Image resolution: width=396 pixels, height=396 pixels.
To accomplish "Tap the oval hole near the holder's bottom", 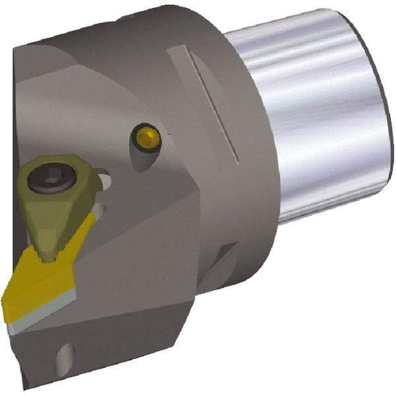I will pyautogui.click(x=62, y=360).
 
